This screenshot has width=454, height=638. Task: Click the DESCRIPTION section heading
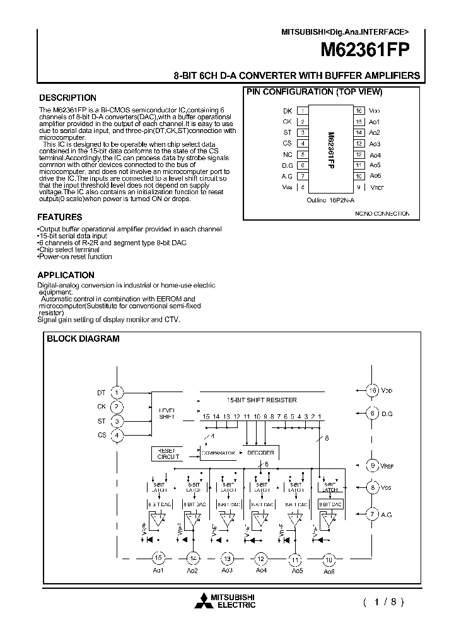68,98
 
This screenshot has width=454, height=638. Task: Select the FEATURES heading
61,217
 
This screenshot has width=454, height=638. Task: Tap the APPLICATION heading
66,275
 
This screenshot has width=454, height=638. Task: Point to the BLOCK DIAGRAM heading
83,339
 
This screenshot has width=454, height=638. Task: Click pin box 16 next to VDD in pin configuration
358,110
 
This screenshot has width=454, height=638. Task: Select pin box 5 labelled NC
303,154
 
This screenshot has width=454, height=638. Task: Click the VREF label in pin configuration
376,187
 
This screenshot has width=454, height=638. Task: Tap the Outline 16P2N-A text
330,199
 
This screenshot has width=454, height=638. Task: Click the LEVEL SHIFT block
167,413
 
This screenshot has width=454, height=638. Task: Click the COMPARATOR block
218,453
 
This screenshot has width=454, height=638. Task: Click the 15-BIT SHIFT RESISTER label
261,400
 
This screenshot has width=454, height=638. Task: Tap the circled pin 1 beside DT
116,393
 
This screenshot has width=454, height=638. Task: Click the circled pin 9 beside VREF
373,465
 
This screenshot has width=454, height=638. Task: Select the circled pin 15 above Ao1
159,558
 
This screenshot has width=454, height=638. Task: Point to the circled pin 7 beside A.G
373,514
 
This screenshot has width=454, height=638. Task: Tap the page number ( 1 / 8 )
382,601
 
